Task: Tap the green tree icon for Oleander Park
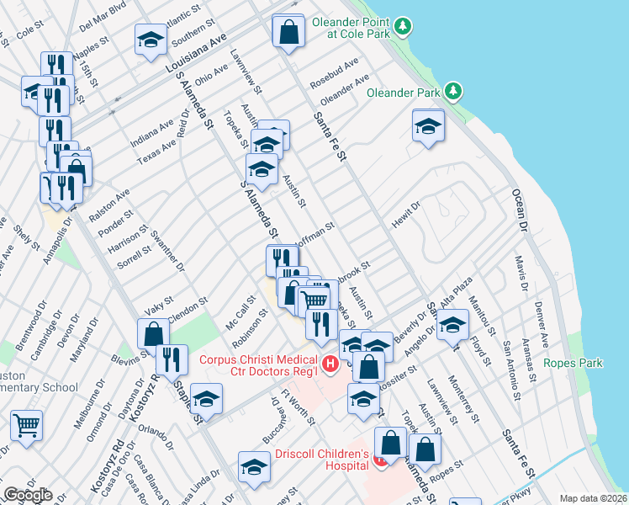pos(453,90)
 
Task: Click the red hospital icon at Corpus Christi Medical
pos(330,364)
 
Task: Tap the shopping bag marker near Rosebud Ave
pos(288,31)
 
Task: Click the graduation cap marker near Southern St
pos(151,39)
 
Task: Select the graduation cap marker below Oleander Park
pos(428,126)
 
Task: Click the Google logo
pos(28,495)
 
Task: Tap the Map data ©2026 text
pos(594,497)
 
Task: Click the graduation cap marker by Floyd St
pos(453,324)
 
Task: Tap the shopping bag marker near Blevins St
pos(154,333)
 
